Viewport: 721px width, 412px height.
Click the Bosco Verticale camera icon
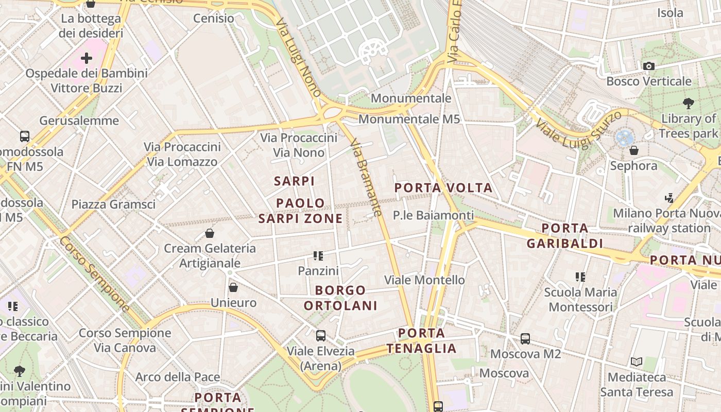648,66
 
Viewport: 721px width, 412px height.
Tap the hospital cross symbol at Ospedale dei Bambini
87,58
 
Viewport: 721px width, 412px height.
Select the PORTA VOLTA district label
443,188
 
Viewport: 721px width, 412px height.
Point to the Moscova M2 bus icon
525,339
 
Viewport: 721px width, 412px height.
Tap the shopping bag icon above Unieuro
233,287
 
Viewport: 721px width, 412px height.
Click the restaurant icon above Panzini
318,255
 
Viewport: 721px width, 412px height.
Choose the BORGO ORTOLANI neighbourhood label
340,298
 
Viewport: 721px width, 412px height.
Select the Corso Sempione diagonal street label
94,274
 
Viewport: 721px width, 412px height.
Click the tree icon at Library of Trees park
688,104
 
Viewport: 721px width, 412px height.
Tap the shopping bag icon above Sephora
634,150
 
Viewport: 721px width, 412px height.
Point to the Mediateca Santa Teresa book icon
637,362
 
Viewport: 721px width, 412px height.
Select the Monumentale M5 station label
409,119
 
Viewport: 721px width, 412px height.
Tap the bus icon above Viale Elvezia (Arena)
321,336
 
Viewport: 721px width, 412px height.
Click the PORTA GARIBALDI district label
565,235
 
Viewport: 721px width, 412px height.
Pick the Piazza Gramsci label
113,204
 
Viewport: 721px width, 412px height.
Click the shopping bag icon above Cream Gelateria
210,233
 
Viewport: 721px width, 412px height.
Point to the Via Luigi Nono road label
298,58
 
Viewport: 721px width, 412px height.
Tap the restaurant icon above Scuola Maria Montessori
580,277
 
